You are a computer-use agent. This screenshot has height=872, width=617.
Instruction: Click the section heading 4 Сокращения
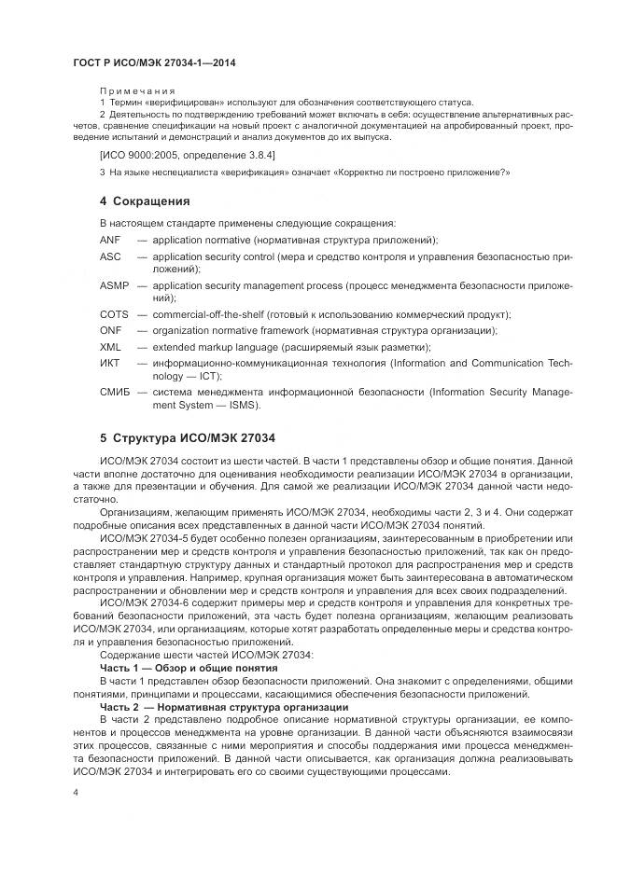click(145, 201)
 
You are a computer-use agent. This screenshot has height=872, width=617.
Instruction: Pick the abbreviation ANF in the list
click(110, 240)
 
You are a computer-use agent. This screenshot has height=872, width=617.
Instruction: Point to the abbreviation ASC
click(110, 256)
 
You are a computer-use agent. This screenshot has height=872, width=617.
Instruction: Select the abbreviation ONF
click(110, 330)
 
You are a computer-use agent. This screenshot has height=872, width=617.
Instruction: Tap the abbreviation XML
click(110, 346)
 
